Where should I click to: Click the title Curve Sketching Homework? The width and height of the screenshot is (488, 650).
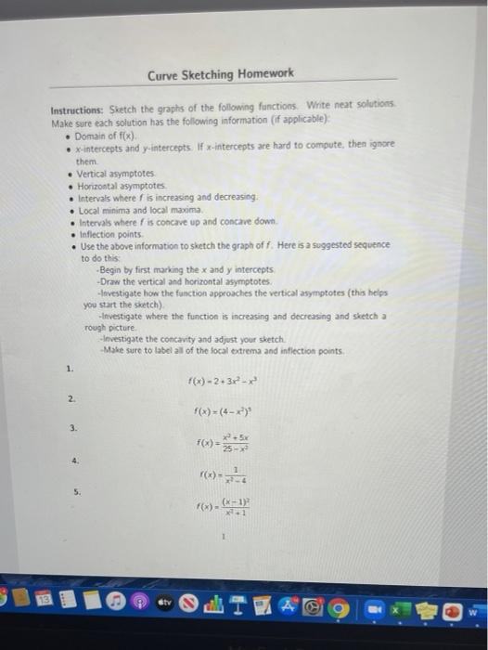(x=221, y=73)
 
